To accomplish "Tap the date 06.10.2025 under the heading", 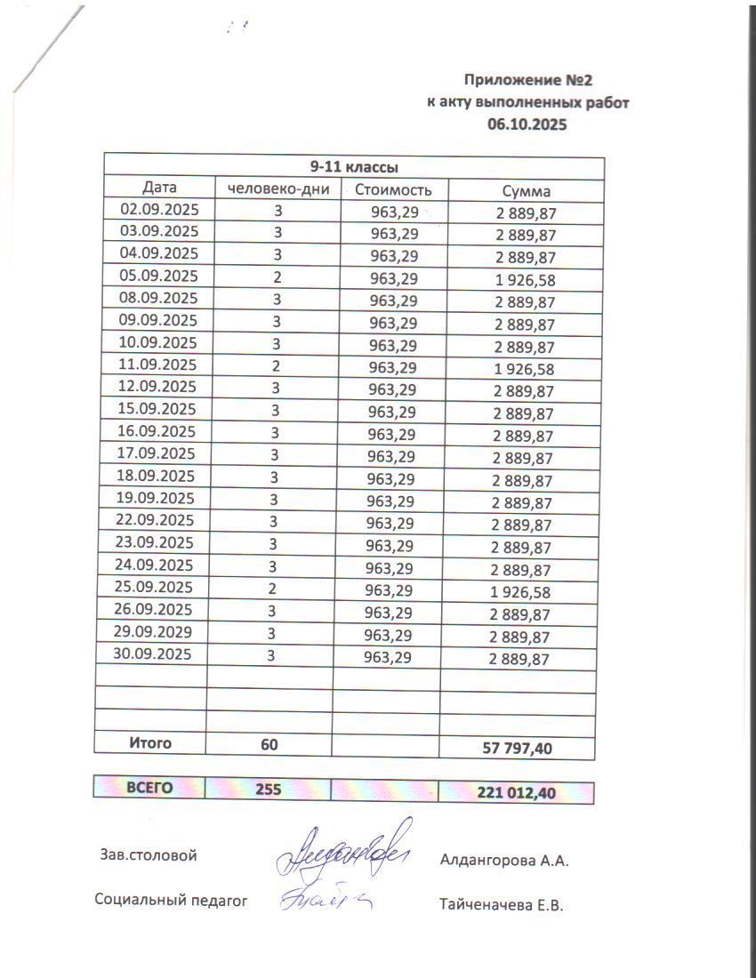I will pyautogui.click(x=527, y=124).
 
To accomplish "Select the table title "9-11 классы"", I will pyautogui.click(x=353, y=167).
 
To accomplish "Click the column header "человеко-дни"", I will pyautogui.click(x=278, y=188).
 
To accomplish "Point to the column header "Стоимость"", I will pyautogui.click(x=393, y=189).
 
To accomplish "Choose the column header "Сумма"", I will pyautogui.click(x=526, y=190).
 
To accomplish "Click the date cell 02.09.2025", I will pyautogui.click(x=159, y=210).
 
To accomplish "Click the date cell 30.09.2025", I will pyautogui.click(x=155, y=654).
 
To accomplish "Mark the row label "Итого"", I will pyautogui.click(x=150, y=743).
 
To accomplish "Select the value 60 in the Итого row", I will pyautogui.click(x=269, y=744).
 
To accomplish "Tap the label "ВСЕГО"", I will pyautogui.click(x=149, y=788).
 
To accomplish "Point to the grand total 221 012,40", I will pyautogui.click(x=517, y=792).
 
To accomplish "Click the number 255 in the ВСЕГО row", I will pyautogui.click(x=269, y=789).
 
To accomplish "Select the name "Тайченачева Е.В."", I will pyautogui.click(x=502, y=905).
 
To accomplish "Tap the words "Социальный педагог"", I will pyautogui.click(x=170, y=899).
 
